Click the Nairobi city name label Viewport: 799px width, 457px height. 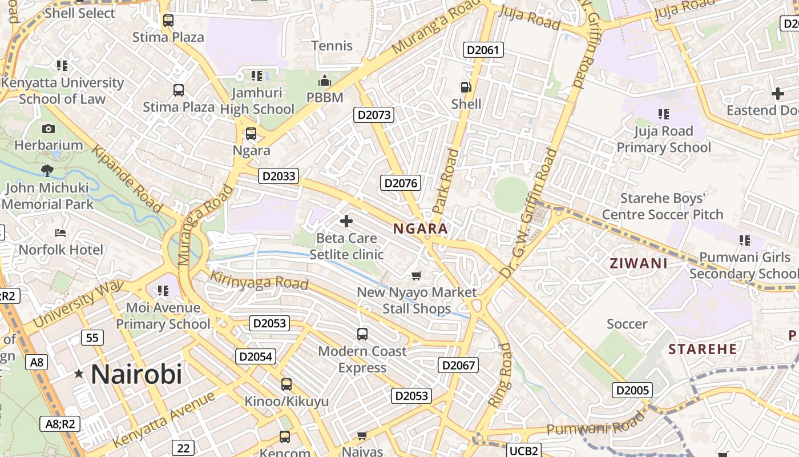[x=136, y=374]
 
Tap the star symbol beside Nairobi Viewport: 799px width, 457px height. [x=79, y=374]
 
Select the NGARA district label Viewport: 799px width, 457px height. [x=420, y=229]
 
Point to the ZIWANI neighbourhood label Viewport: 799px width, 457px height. [x=639, y=263]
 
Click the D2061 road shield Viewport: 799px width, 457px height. [x=483, y=50]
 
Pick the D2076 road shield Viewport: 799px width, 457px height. [x=401, y=183]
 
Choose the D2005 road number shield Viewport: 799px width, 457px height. [x=632, y=390]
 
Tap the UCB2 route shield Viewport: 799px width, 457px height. [x=523, y=451]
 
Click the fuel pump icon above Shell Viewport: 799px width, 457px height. [x=466, y=87]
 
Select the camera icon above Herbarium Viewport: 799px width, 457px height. [x=49, y=129]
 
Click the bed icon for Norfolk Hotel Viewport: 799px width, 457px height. [x=60, y=233]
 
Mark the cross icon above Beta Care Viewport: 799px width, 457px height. [x=346, y=221]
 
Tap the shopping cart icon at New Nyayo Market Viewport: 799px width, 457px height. [x=417, y=276]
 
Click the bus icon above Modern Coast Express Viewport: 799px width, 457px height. [x=362, y=334]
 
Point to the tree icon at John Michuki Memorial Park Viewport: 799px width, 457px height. [x=48, y=170]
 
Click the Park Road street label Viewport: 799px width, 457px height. [x=446, y=181]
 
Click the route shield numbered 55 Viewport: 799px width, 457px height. [x=92, y=338]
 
